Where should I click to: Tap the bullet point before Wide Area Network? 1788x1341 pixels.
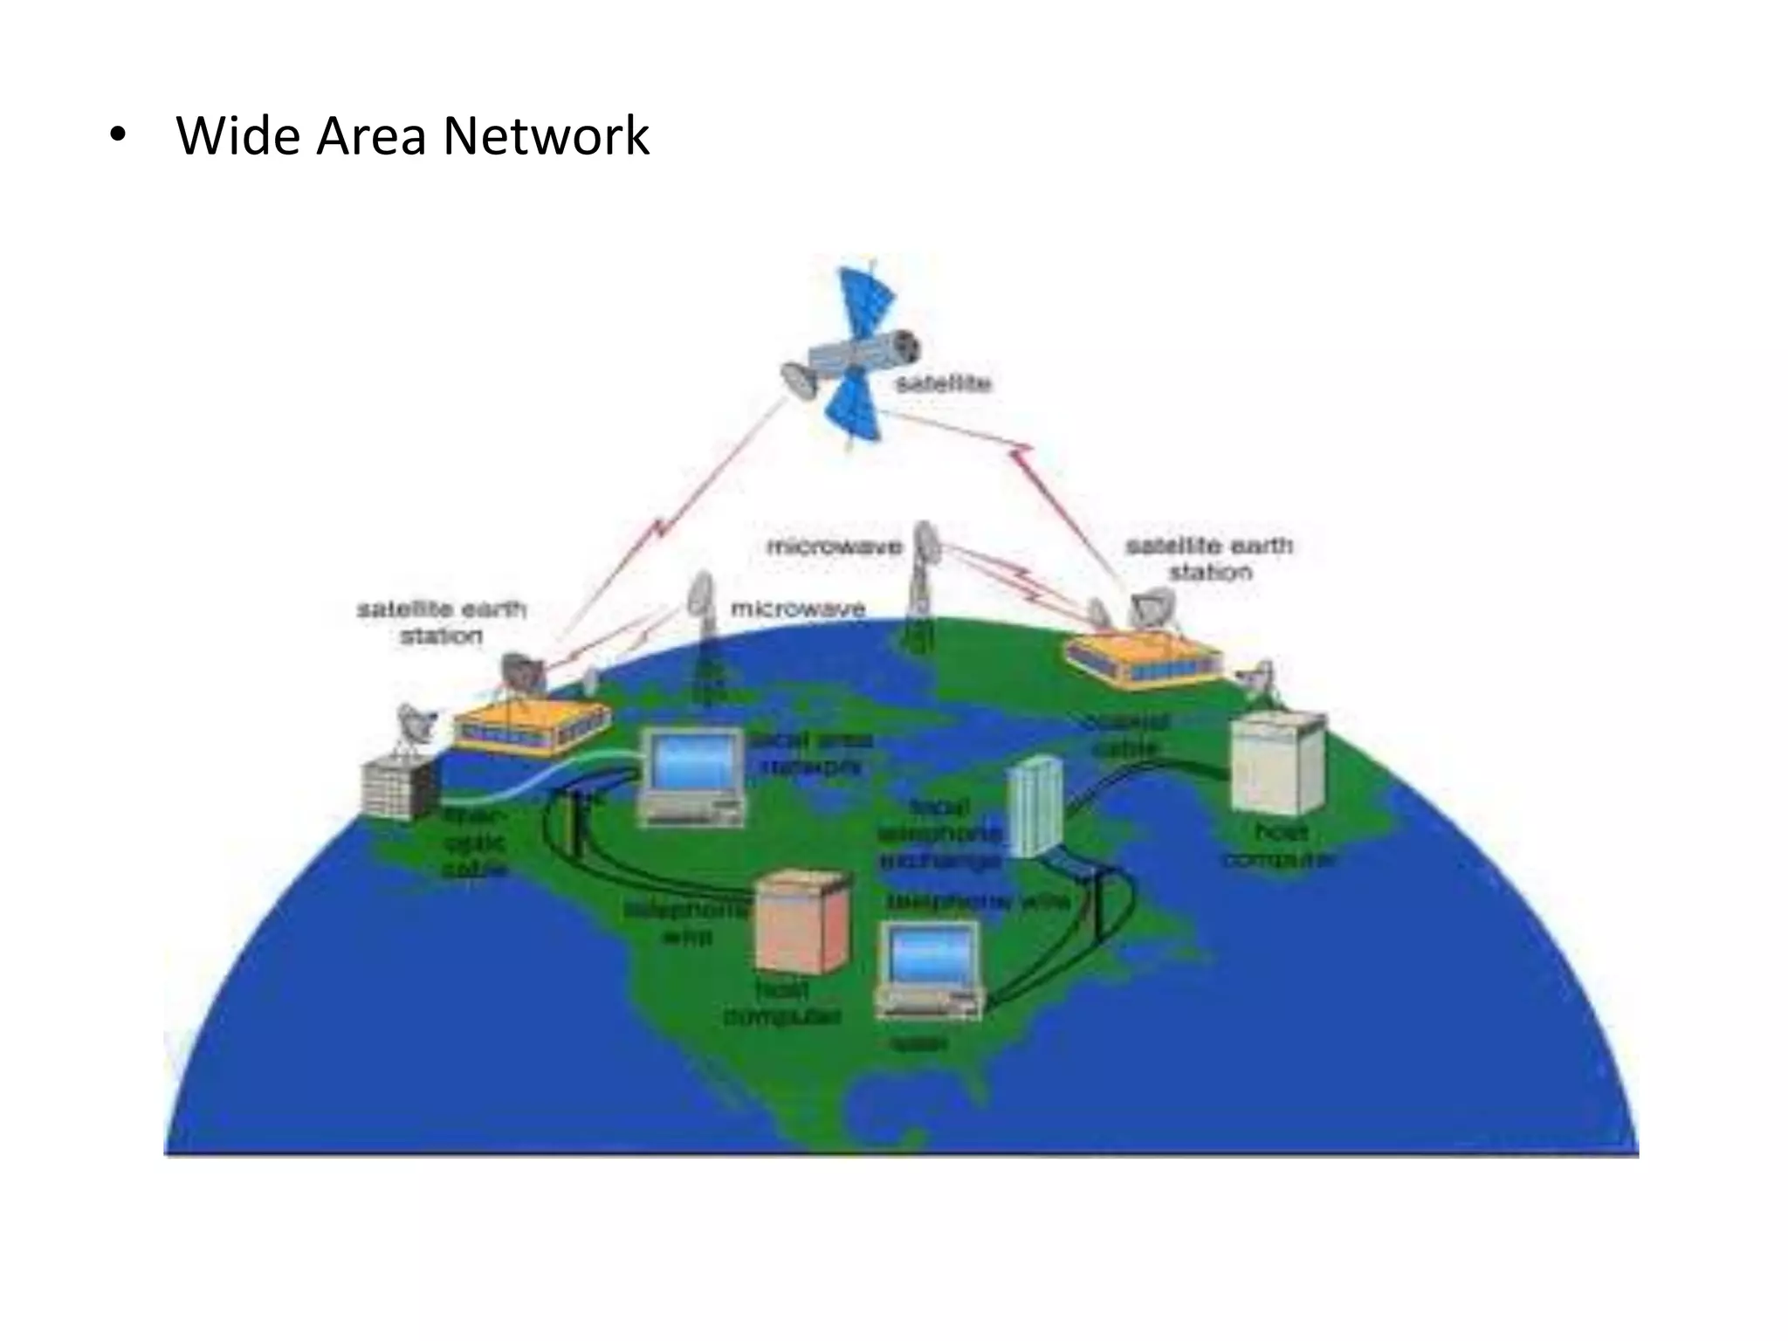(x=117, y=138)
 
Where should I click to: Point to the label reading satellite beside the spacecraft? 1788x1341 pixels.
(x=943, y=383)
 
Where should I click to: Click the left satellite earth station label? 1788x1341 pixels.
(x=442, y=622)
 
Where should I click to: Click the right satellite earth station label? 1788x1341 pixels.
(x=1210, y=559)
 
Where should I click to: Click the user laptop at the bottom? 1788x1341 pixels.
(x=931, y=973)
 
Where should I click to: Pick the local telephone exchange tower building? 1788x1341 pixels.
(x=1036, y=806)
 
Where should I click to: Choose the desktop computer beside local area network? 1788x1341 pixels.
(x=692, y=776)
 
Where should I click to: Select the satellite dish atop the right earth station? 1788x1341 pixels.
(x=1152, y=607)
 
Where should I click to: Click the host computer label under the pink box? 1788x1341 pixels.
(x=782, y=1004)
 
